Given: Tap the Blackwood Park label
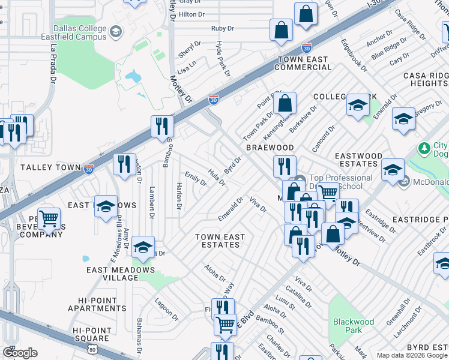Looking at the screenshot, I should (354, 326).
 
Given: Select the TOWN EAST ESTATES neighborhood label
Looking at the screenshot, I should (220, 241).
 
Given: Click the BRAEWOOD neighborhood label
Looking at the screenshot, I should (270, 148).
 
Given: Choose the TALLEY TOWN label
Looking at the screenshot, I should (50, 167).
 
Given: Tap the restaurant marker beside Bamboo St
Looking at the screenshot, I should (161, 127).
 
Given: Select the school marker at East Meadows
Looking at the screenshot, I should (106, 206).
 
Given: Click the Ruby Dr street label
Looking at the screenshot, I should (223, 28).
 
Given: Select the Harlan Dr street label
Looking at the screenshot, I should (179, 196).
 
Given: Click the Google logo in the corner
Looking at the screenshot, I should (20, 353).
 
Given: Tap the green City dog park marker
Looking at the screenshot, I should (424, 148).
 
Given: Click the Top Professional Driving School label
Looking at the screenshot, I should (340, 182).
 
